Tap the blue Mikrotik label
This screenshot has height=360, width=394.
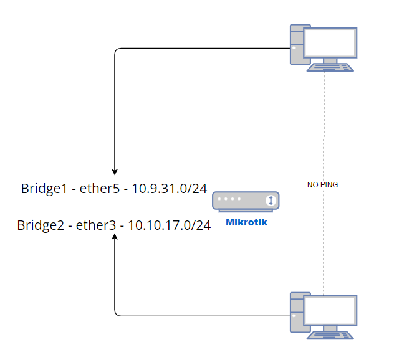click(x=246, y=222)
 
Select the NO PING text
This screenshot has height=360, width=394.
click(x=323, y=185)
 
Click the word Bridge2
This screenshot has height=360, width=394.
click(x=41, y=225)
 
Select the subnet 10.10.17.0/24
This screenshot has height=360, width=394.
click(x=169, y=225)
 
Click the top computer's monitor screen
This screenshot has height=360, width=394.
click(x=330, y=42)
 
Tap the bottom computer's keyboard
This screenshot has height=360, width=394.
click(x=330, y=335)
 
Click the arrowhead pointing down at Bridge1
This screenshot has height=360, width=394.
click(x=115, y=170)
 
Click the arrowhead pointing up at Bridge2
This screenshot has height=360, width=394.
click(x=115, y=240)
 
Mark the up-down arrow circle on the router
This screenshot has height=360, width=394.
click(x=271, y=201)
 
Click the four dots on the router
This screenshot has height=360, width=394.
click(x=232, y=201)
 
